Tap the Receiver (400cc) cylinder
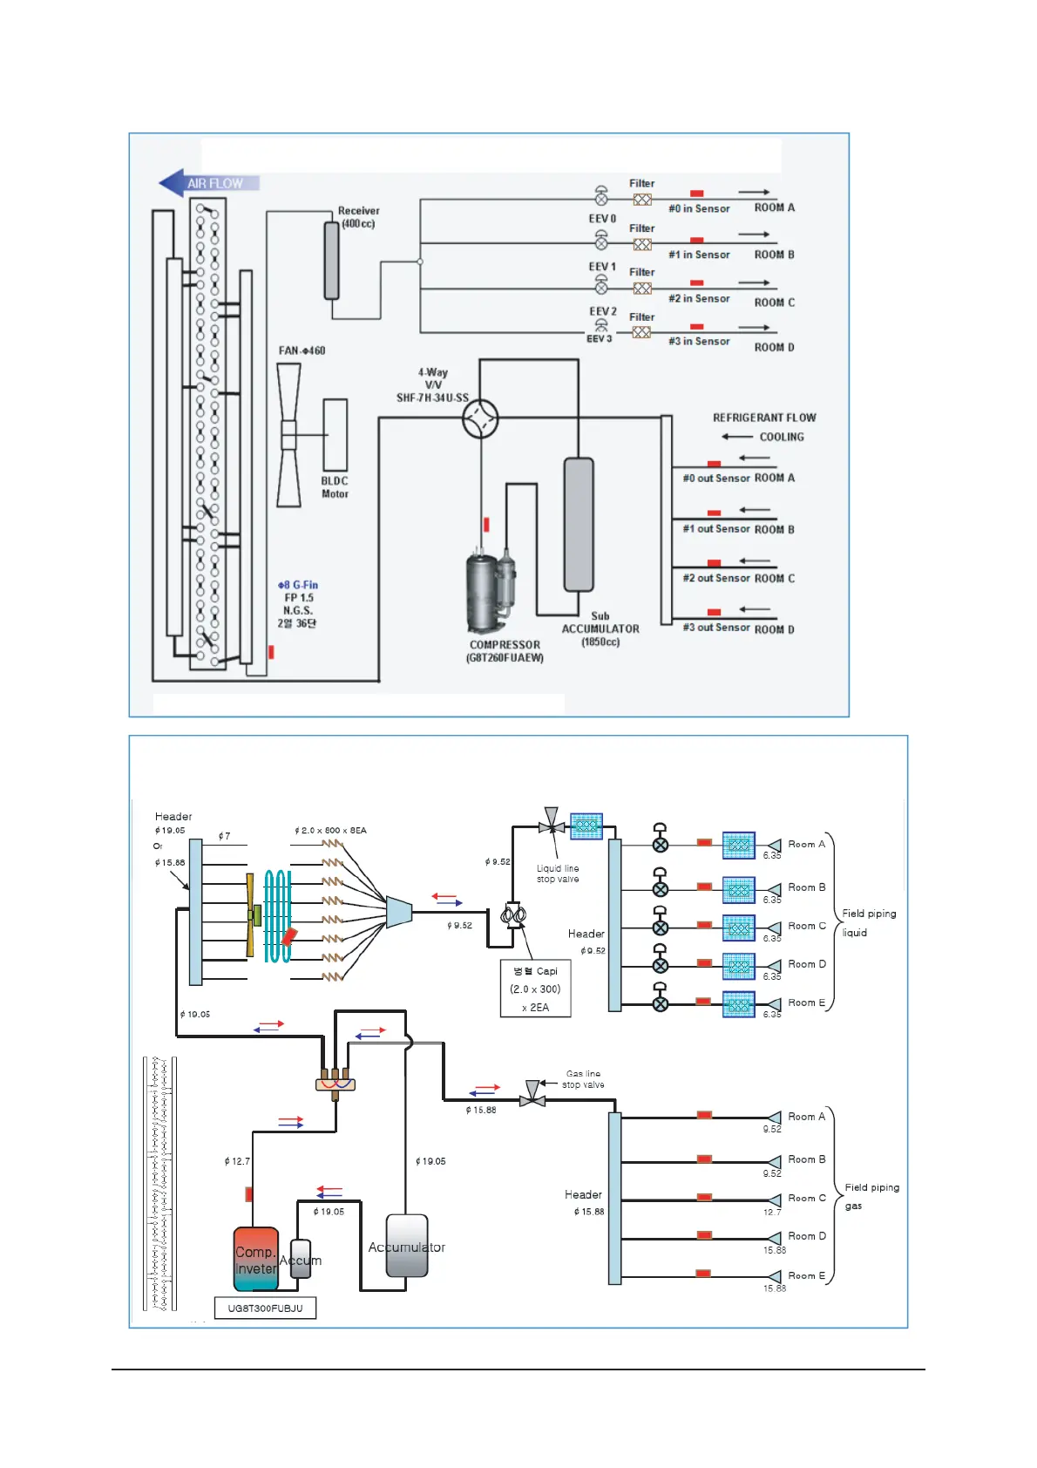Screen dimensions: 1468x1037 coord(331,260)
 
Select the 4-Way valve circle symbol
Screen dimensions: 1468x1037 coord(480,418)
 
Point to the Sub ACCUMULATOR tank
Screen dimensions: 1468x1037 coord(579,525)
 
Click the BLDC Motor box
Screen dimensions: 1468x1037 coord(335,434)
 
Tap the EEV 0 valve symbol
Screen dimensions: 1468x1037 coord(601,196)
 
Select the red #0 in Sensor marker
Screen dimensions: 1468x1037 coord(697,194)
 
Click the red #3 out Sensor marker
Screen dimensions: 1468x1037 coord(714,612)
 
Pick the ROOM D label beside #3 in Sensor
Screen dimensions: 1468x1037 coord(774,347)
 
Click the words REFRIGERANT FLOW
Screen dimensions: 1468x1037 coord(764,418)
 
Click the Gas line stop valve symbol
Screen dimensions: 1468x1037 coord(532,1095)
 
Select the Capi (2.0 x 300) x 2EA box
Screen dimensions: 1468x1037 coord(536,989)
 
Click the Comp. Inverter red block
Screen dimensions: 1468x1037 coord(256,1259)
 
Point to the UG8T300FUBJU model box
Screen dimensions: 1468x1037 coord(266,1308)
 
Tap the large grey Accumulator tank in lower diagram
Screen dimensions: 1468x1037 coord(407,1247)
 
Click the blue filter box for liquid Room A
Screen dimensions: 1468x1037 coord(739,845)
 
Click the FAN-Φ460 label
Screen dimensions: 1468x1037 coord(302,350)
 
